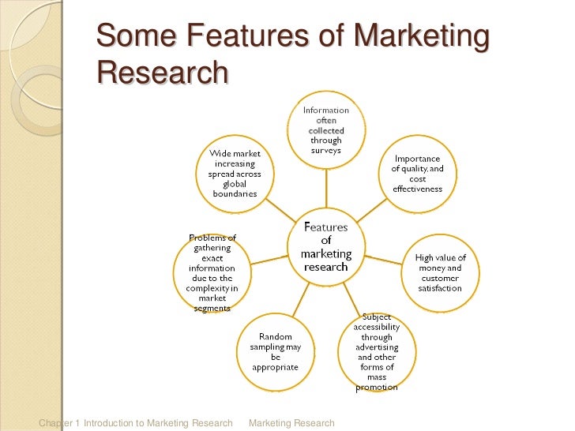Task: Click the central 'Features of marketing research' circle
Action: [x=326, y=246]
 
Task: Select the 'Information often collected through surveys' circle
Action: [x=326, y=131]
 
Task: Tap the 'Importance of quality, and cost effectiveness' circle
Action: [x=418, y=174]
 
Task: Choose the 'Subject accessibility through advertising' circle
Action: [x=377, y=353]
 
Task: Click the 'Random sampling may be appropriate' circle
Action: [x=275, y=353]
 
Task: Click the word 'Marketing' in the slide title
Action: [x=421, y=36]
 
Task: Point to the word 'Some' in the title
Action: [x=133, y=36]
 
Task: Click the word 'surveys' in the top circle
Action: [x=326, y=152]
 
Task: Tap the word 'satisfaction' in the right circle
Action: [x=440, y=289]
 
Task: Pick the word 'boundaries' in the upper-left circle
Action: [x=235, y=194]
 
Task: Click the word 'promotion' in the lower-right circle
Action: [x=377, y=388]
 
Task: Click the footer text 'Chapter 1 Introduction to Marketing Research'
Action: [x=135, y=423]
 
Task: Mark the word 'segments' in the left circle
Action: [x=212, y=309]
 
